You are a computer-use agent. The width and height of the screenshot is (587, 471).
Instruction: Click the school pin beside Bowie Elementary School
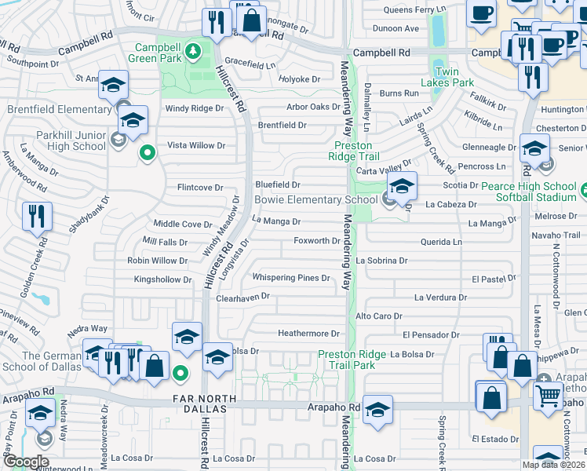tap(401, 187)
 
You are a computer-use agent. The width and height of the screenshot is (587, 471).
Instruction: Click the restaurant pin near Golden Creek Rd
tap(37, 217)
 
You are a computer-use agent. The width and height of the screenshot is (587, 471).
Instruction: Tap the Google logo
tap(25, 461)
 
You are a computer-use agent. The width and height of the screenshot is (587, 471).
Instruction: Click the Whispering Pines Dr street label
tap(290, 278)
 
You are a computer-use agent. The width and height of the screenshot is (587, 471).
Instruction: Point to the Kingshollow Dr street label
tap(162, 279)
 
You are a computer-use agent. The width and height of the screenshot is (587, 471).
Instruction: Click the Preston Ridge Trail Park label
tap(351, 360)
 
